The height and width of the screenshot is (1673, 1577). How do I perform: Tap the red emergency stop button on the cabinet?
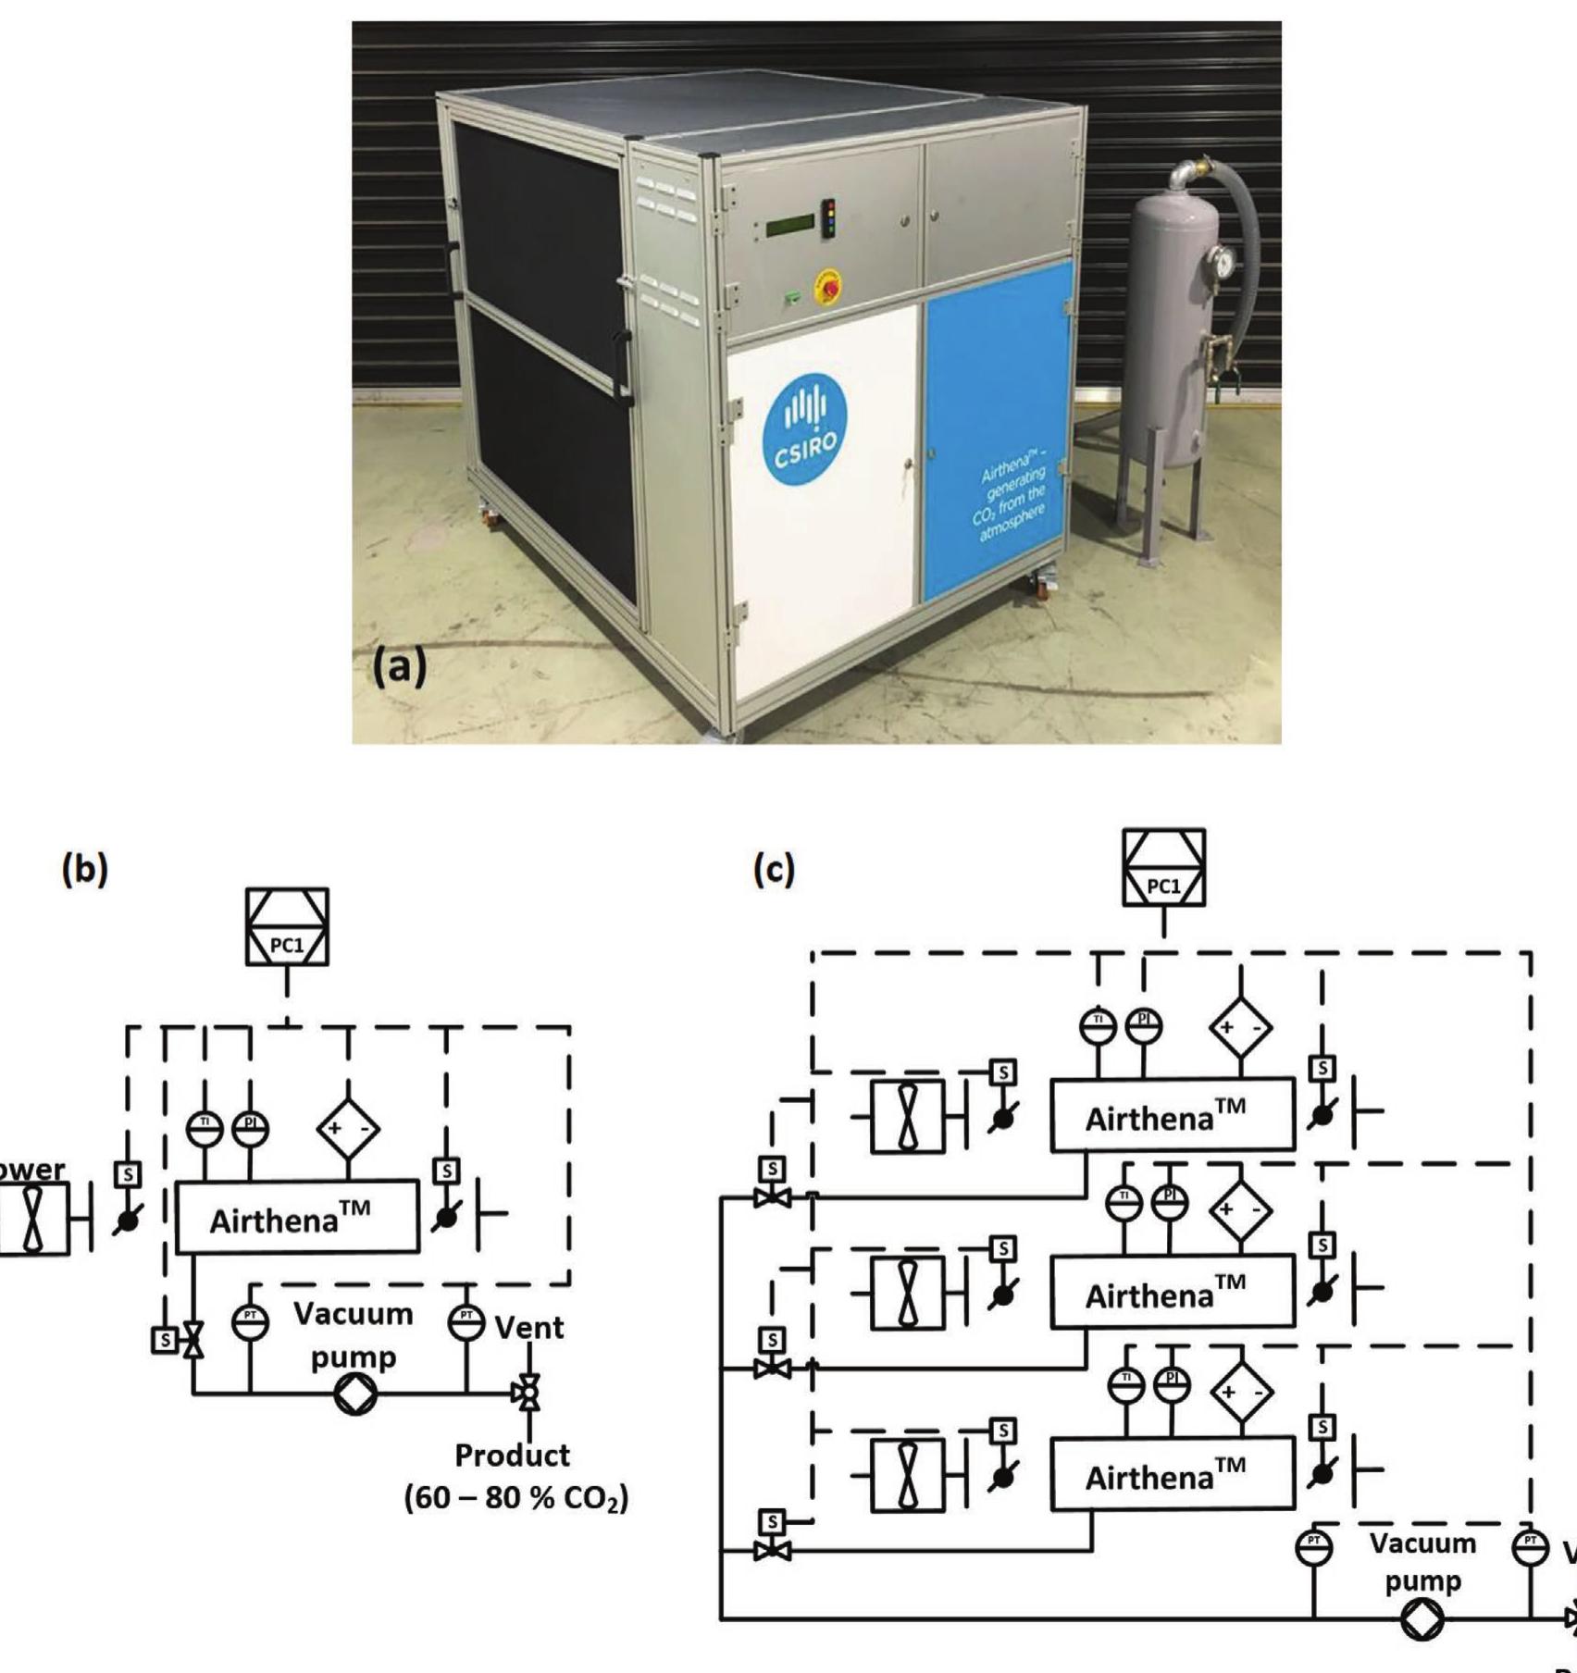826,288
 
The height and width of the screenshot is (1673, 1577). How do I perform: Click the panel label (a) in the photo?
399,665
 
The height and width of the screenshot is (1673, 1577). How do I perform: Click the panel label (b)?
84,869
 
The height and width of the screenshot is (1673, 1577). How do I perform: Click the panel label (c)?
774,869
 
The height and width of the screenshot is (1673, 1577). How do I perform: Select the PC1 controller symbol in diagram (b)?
287,927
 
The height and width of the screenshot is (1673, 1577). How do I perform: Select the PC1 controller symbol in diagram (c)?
1163,868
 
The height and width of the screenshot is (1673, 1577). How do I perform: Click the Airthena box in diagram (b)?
297,1217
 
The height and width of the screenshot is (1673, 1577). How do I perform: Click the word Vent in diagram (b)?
528,1328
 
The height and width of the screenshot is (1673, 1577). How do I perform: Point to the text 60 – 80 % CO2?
516,1498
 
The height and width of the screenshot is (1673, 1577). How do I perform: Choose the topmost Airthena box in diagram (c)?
1172,1115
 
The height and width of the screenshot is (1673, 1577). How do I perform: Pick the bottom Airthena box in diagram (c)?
1172,1473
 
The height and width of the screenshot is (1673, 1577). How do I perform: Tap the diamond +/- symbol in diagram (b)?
348,1129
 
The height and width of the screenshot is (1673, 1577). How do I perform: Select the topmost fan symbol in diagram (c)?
908,1116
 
